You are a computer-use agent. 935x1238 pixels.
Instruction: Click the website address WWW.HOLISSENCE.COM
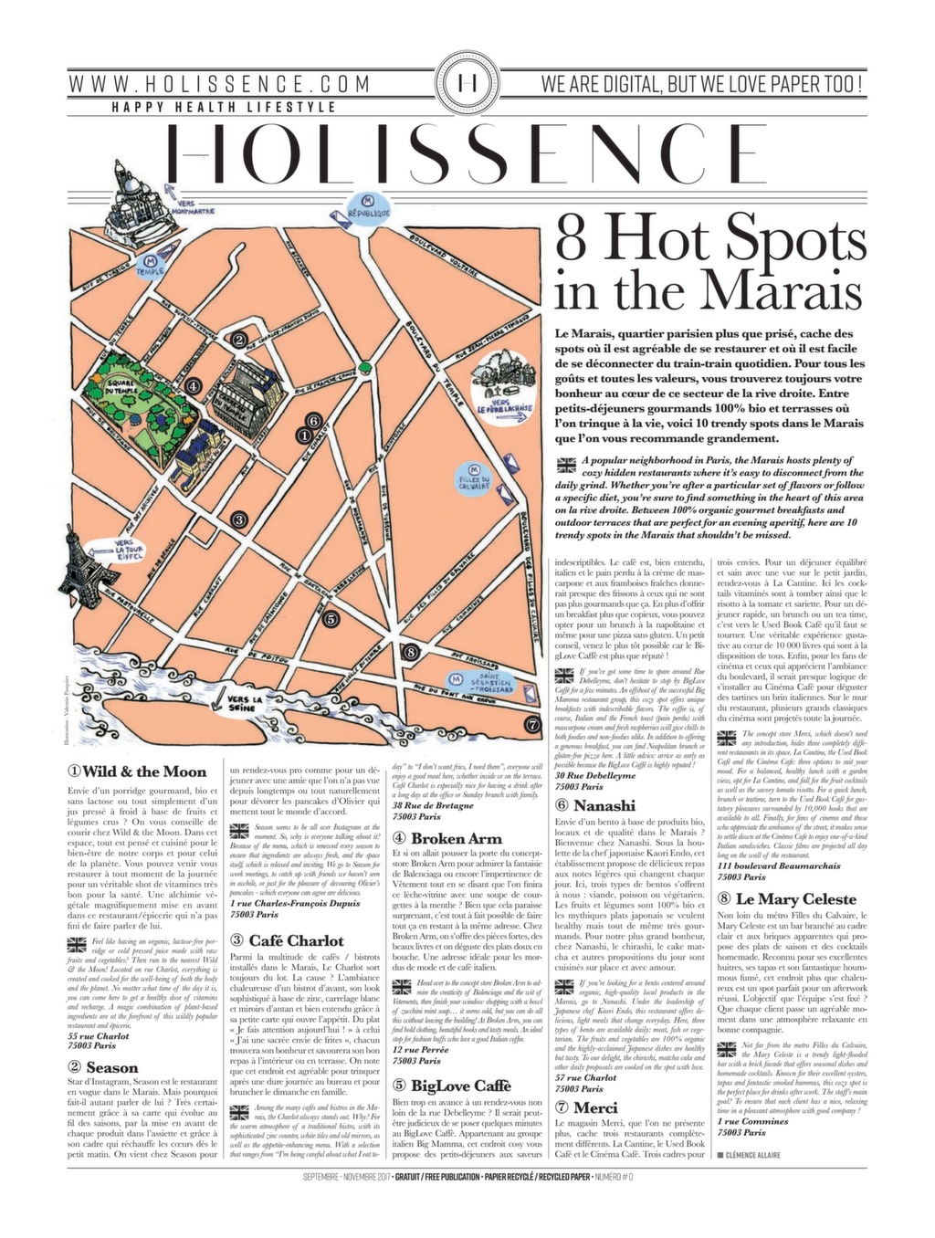[221, 85]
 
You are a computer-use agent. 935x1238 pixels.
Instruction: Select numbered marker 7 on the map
[532, 725]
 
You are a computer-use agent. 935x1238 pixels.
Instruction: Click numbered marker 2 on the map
[238, 341]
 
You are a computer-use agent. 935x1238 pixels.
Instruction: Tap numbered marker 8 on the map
[412, 651]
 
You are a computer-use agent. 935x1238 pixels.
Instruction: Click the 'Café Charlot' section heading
[285, 940]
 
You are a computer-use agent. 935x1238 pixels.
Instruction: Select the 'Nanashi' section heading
[595, 805]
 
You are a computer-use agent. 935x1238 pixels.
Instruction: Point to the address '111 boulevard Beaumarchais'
[788, 866]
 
